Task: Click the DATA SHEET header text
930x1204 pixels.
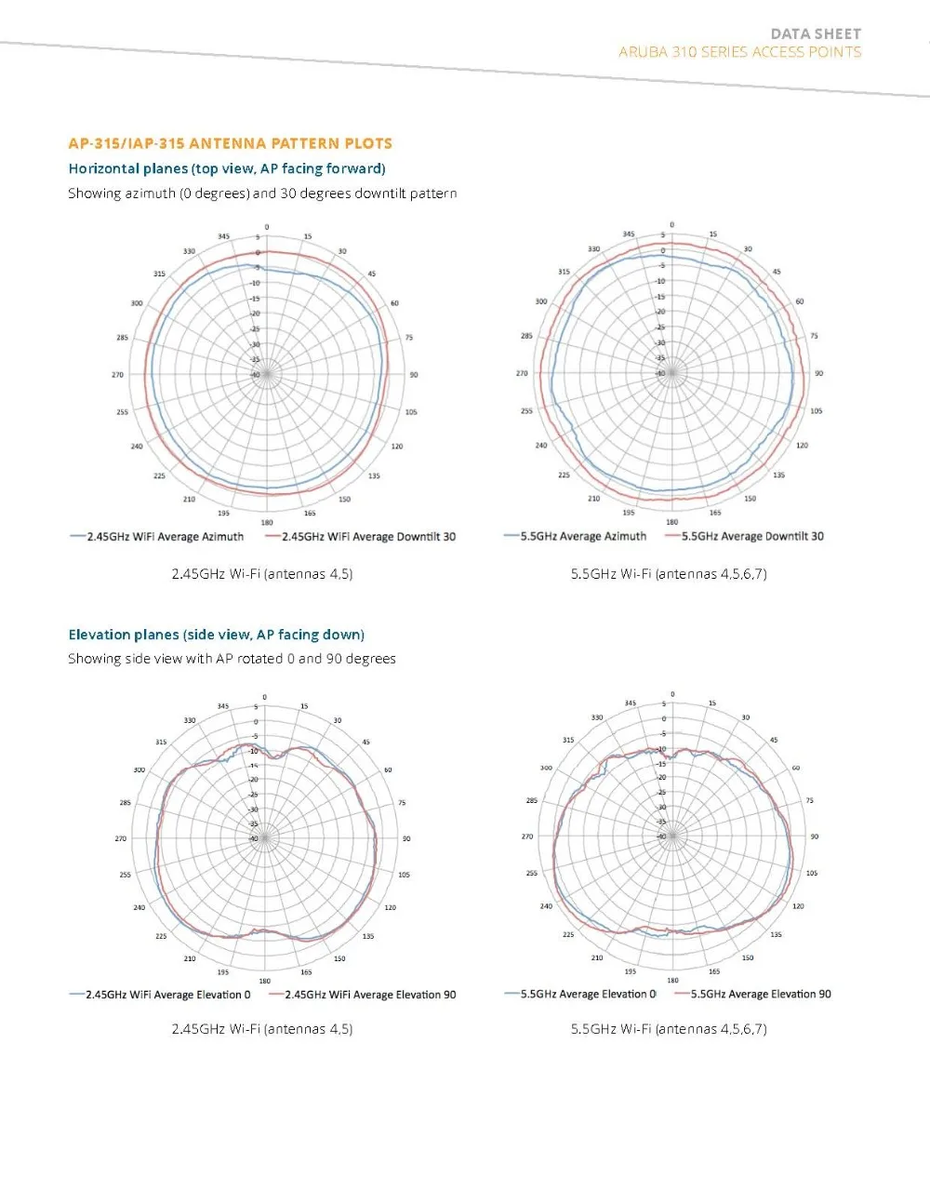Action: pos(816,33)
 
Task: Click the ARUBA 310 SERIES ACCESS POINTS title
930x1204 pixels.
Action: pos(739,52)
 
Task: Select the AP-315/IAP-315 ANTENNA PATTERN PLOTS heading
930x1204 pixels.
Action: pos(230,143)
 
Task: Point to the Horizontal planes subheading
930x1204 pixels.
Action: pos(227,168)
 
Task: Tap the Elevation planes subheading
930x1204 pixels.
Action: pos(216,635)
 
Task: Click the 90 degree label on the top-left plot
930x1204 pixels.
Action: pos(414,375)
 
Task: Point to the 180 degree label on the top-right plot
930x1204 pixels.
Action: pos(671,522)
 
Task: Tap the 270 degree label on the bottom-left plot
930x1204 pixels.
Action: pos(120,838)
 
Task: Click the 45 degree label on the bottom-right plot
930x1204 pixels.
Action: pos(774,740)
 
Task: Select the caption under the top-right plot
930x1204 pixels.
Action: pos(669,574)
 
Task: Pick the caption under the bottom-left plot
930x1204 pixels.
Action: pos(262,1029)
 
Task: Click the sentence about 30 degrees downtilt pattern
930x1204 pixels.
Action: pos(262,194)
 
